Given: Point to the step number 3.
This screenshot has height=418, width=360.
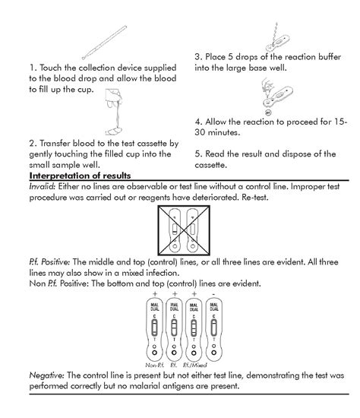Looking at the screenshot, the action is point(197,56).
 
